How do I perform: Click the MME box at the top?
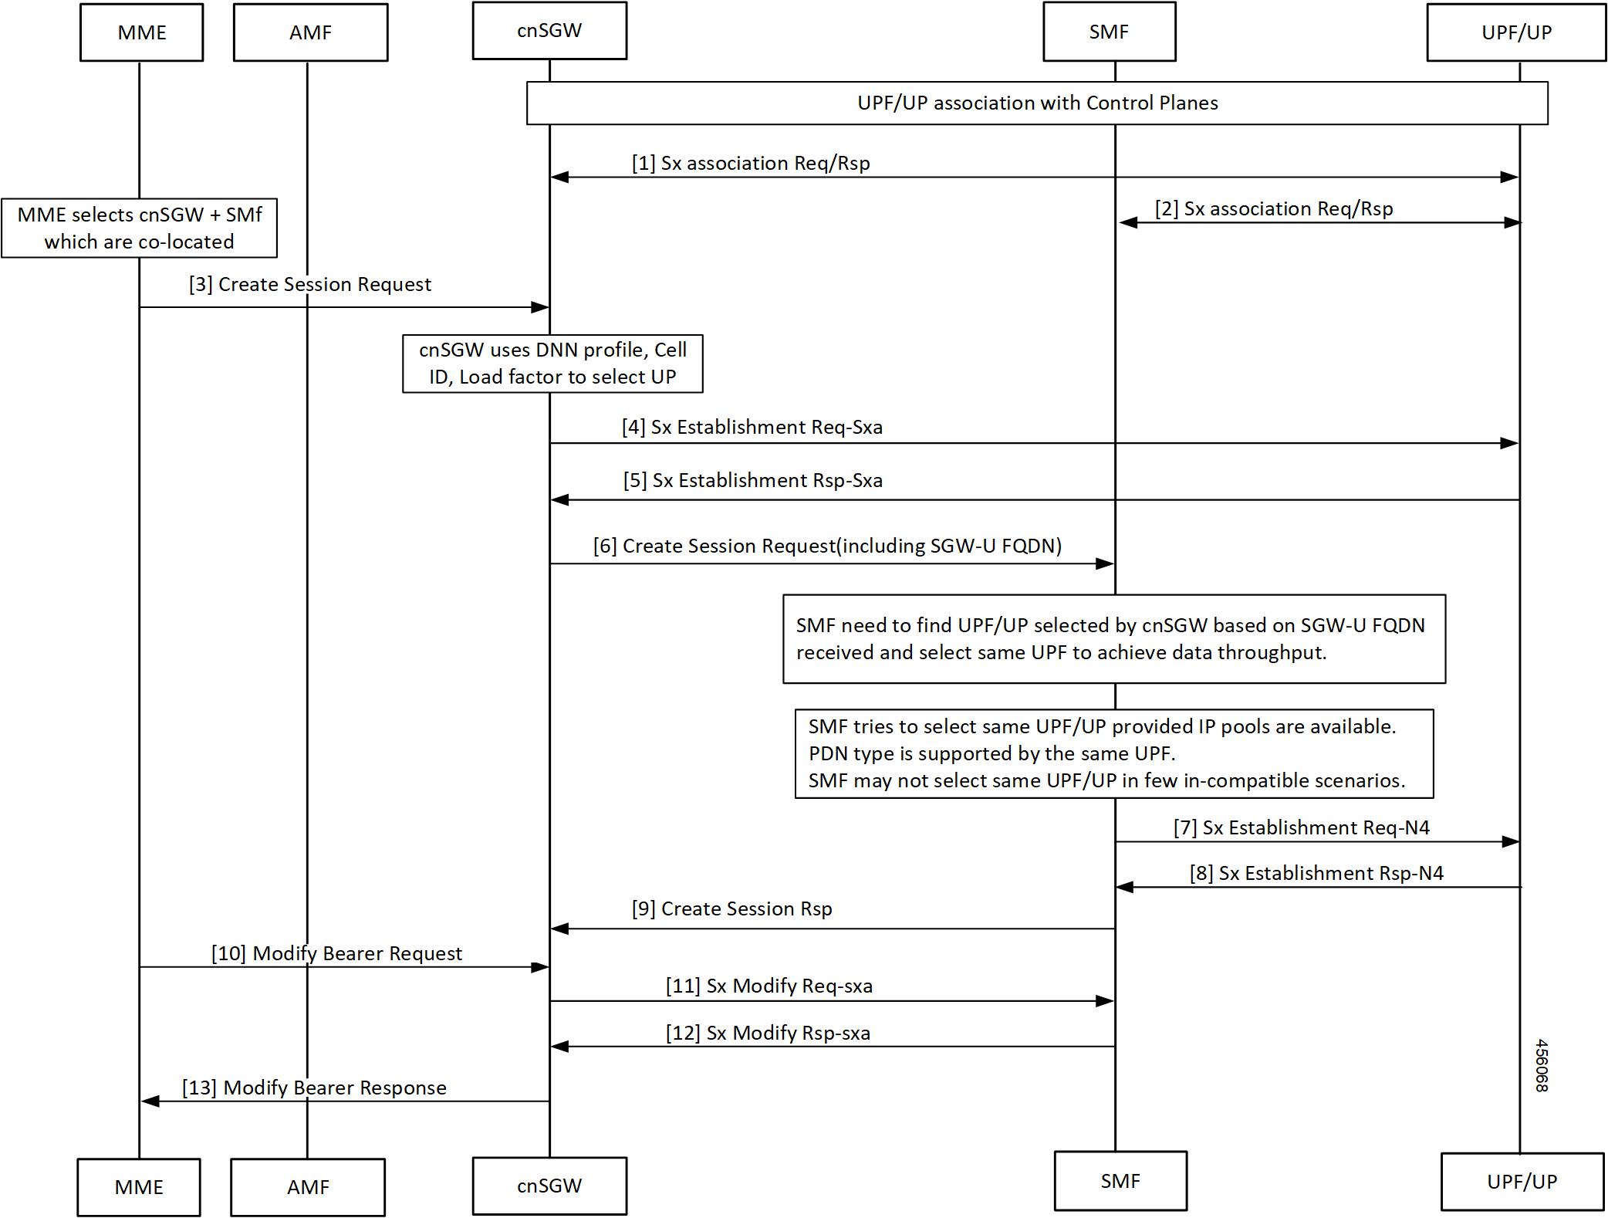142,32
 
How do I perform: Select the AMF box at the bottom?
308,1187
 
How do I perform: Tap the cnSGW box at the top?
549,31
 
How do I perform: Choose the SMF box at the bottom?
1120,1181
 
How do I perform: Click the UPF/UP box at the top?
1516,32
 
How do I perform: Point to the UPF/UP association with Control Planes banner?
1037,103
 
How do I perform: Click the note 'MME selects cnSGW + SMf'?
140,228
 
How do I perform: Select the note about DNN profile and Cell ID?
552,364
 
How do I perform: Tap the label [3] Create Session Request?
310,285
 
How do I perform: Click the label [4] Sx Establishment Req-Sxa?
752,428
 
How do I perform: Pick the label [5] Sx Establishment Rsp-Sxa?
753,481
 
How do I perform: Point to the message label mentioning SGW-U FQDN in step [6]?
827,546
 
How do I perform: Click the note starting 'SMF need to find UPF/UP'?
1113,639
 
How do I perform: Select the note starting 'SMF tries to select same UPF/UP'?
1113,754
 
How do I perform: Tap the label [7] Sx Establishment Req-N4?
1302,828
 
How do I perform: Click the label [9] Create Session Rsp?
731,909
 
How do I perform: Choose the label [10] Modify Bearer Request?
337,954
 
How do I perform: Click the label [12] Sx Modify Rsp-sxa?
769,1034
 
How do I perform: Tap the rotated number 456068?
1542,1066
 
